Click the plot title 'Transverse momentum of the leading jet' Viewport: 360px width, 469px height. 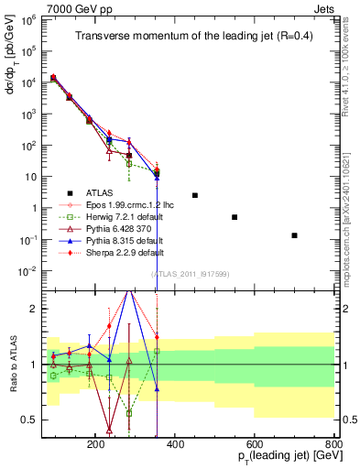point(191,36)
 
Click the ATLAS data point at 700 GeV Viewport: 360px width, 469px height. point(294,235)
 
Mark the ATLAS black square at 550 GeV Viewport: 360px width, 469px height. point(235,217)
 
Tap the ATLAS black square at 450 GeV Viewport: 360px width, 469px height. point(195,195)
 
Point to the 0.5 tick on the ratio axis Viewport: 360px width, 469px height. point(29,420)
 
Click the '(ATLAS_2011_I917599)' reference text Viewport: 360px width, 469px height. point(190,274)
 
